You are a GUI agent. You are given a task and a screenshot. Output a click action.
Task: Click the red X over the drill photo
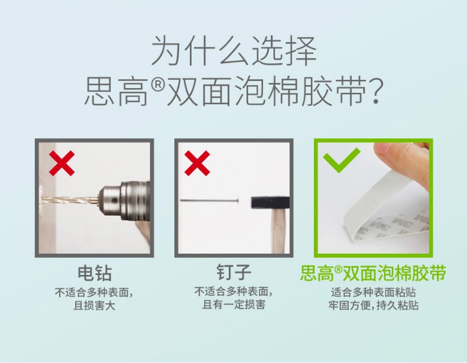[x=61, y=163]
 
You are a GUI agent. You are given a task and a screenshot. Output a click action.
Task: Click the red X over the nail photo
[x=197, y=163]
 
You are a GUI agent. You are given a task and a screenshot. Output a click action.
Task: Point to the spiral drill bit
[x=70, y=199]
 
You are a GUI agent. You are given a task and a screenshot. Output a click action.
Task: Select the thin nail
[x=209, y=200]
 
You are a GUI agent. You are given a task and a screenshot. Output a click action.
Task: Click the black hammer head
[x=270, y=203]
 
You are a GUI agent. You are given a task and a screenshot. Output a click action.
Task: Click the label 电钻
[x=95, y=273]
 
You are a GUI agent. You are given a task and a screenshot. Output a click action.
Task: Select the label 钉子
[x=234, y=273]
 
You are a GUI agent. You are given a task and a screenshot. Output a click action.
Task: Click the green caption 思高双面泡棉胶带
[x=373, y=273]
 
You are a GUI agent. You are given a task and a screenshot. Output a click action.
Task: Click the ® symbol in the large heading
[x=158, y=86]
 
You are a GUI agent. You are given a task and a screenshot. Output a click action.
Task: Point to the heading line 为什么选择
[x=234, y=50]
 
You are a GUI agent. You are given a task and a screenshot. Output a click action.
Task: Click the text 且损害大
[x=95, y=306]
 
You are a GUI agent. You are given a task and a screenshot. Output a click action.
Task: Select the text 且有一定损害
[x=234, y=304]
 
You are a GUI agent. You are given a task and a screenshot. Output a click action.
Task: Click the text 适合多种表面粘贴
[x=373, y=292]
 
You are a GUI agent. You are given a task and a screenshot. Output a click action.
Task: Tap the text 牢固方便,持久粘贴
[x=374, y=305]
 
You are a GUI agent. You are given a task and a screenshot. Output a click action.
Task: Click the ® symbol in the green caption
[x=338, y=269]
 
